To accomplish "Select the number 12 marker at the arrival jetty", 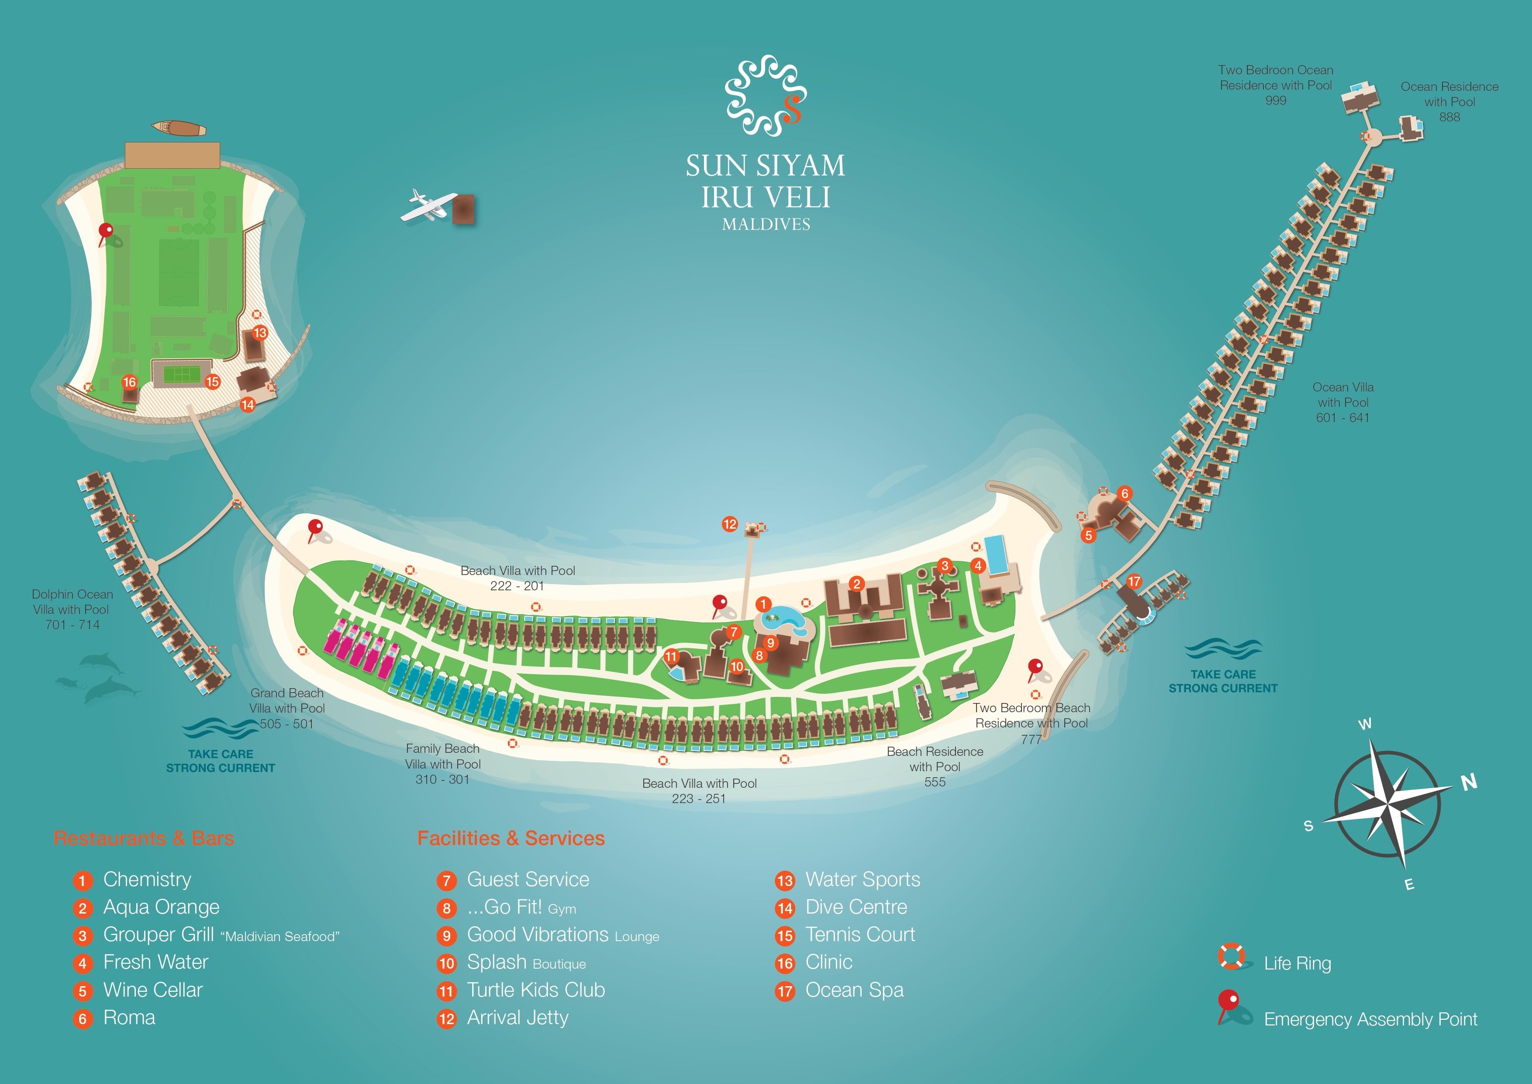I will pyautogui.click(x=730, y=524).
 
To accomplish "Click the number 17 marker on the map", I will pyautogui.click(x=1134, y=582).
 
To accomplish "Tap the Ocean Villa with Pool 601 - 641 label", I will pyautogui.click(x=1342, y=402).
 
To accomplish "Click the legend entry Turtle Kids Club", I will pyautogui.click(x=536, y=990).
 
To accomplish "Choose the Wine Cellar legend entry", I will pyautogui.click(x=153, y=990).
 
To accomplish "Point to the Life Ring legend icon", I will pyautogui.click(x=1231, y=956).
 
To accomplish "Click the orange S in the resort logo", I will pyautogui.click(x=792, y=110).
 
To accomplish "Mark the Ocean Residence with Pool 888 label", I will pyautogui.click(x=1449, y=101).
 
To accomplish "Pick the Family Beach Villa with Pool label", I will pyautogui.click(x=442, y=764).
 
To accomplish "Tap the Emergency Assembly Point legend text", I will pyautogui.click(x=1370, y=1019).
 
